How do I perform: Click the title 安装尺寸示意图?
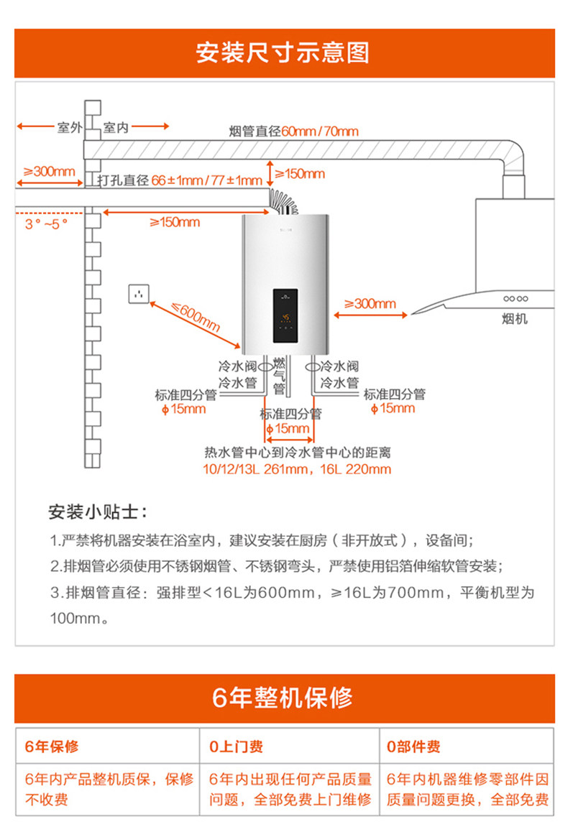coord(283,52)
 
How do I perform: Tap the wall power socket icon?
coord(139,293)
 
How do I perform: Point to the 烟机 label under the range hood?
coord(514,318)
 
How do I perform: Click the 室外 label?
coord(70,128)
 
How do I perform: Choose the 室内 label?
coord(116,128)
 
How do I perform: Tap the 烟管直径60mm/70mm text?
coord(293,131)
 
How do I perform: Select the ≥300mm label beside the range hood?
coord(370,303)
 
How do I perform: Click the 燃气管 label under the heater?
coord(279,376)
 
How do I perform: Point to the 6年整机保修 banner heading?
coord(283,698)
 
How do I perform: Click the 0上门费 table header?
coord(236,747)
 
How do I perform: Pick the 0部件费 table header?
coord(413,747)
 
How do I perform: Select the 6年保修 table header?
coord(52,747)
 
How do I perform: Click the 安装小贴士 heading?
coord(97,513)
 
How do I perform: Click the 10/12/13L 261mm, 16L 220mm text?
coord(296,469)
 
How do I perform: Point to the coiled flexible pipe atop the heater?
coord(282,202)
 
